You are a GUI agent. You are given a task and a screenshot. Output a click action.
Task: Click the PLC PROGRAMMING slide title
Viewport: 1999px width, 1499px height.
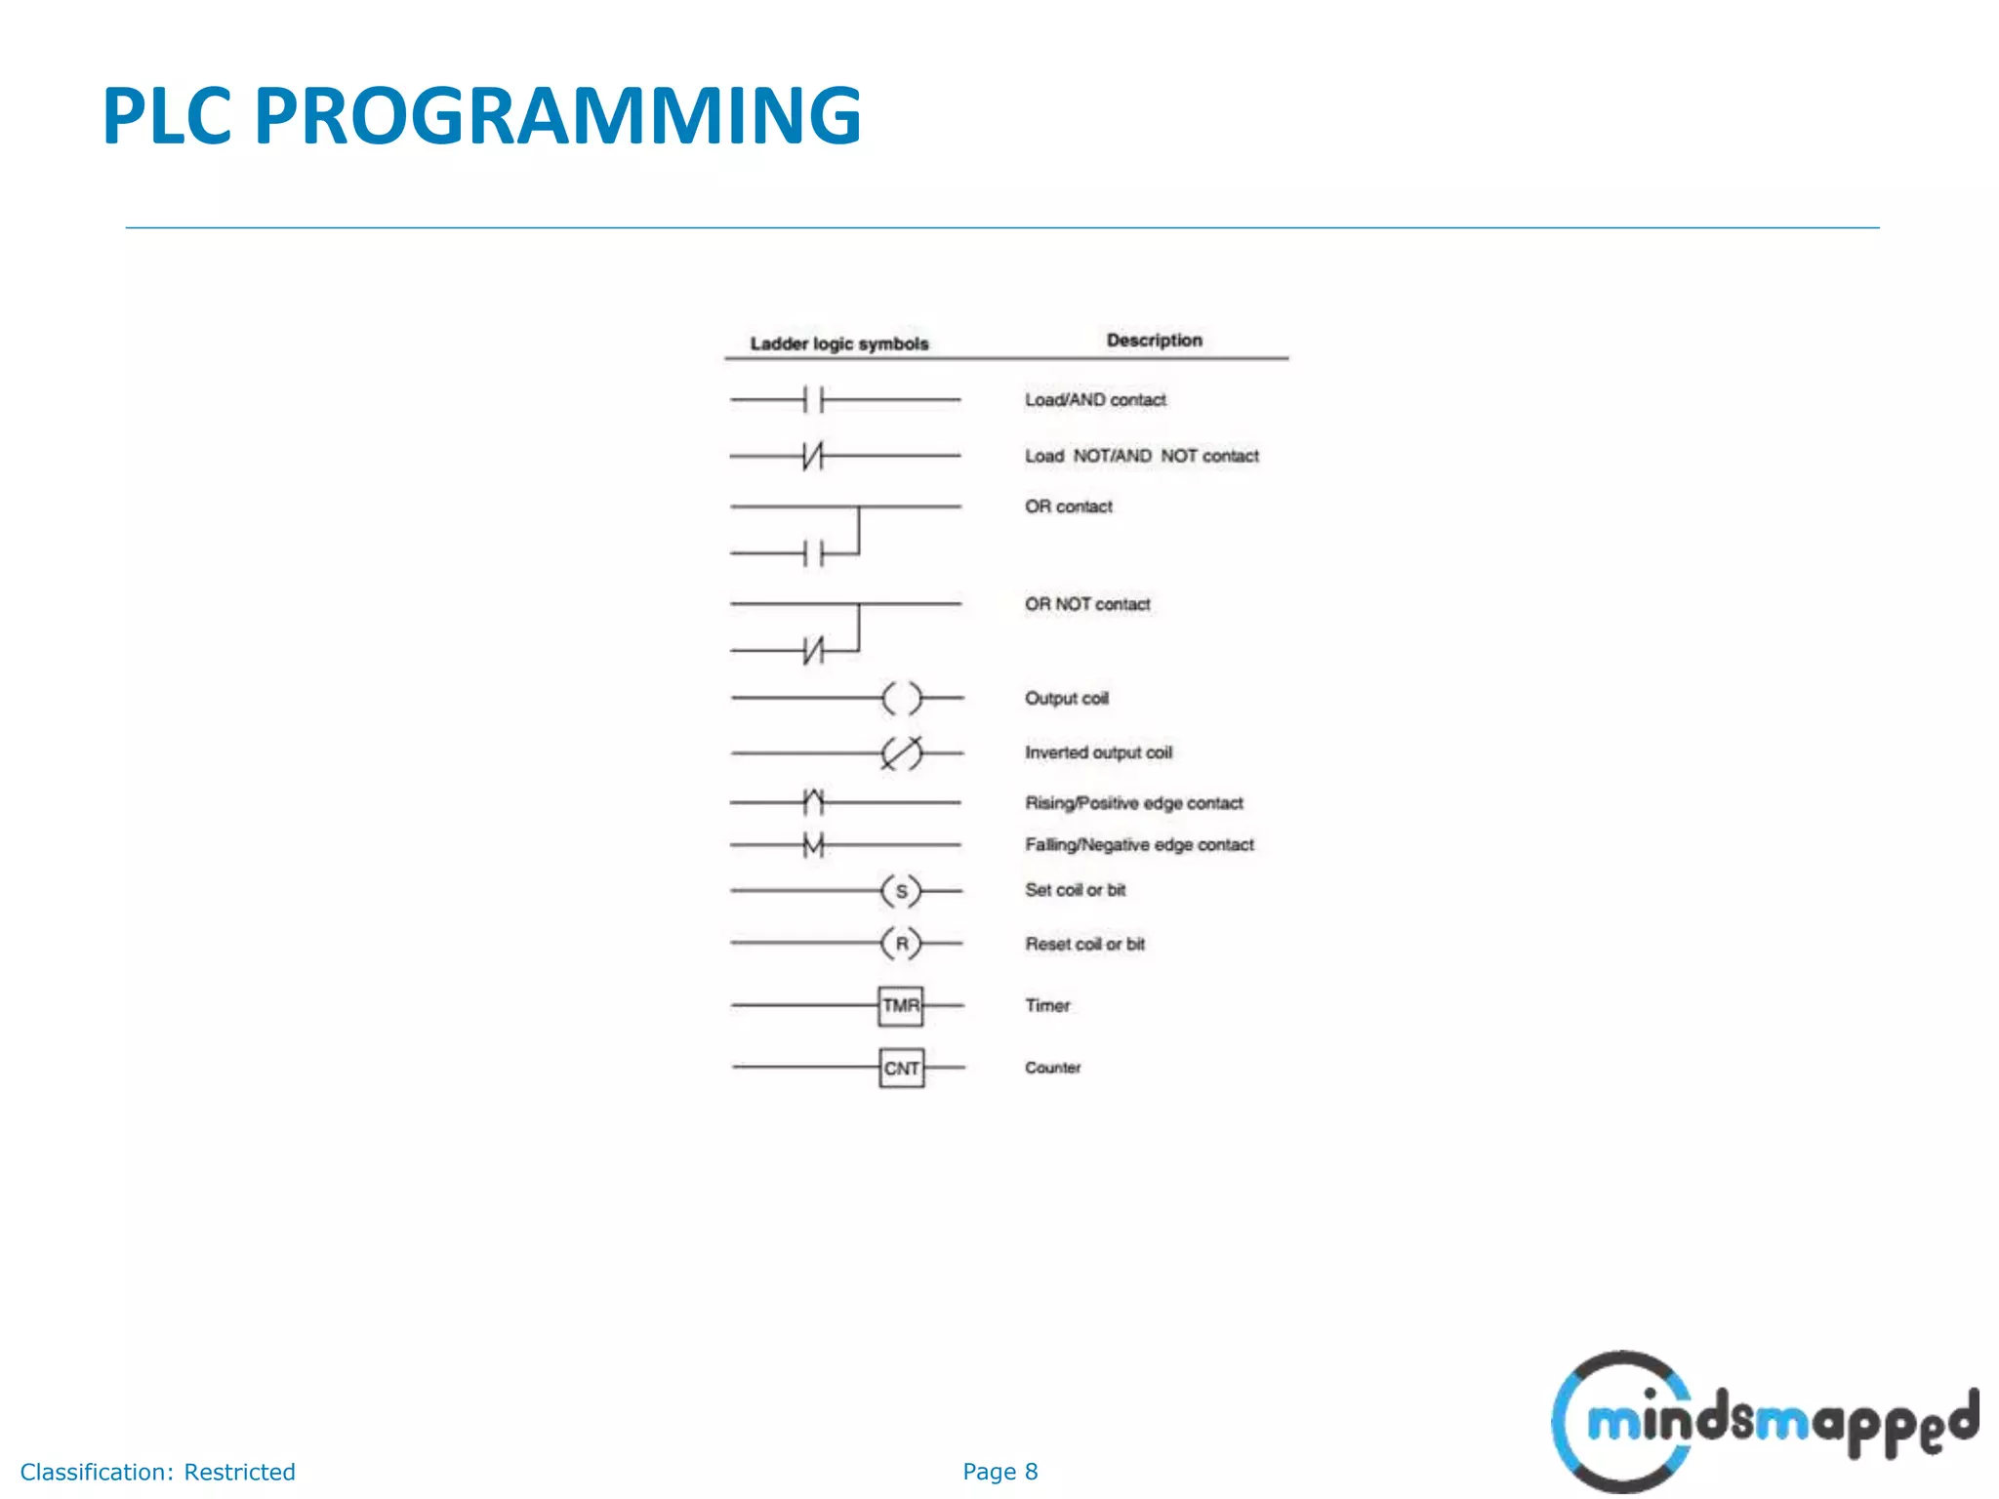481,116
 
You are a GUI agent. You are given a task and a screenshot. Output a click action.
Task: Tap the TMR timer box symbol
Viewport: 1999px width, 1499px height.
900,1005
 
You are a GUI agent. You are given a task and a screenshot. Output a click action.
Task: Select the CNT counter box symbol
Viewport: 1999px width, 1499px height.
901,1068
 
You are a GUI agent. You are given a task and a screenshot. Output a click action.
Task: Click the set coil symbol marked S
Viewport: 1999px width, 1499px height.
901,890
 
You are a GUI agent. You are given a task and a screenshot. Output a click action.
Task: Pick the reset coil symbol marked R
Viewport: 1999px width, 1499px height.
901,944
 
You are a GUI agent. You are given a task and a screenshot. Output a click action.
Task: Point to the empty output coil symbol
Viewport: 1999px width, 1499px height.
901,698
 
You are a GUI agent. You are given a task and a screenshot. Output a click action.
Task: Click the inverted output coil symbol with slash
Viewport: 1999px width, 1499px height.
901,752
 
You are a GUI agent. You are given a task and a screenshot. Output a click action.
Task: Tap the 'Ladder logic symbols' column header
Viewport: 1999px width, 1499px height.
839,344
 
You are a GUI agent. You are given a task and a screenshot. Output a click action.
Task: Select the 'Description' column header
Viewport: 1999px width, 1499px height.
1154,340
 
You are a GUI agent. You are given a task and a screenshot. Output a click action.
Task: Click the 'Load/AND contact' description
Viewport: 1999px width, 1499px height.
1095,400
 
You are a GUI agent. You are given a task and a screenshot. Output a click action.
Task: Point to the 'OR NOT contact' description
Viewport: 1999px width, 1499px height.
1087,604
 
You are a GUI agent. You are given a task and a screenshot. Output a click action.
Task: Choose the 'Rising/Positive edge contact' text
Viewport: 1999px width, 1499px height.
1133,803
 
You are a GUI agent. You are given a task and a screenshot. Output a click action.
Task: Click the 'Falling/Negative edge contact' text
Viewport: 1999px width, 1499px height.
1139,845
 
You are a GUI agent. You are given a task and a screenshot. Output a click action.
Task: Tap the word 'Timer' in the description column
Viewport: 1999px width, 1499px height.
1047,1005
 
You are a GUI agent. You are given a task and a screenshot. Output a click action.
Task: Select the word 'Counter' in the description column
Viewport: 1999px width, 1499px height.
1052,1068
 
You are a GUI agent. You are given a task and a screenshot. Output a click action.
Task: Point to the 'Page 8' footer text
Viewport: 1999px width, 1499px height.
999,1472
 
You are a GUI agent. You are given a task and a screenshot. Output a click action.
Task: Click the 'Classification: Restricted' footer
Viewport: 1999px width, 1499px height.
157,1472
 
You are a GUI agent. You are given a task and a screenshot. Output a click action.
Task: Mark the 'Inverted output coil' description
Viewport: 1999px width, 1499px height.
1098,752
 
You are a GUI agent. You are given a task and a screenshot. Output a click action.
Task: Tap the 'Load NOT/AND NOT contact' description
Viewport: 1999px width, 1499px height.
1141,456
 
